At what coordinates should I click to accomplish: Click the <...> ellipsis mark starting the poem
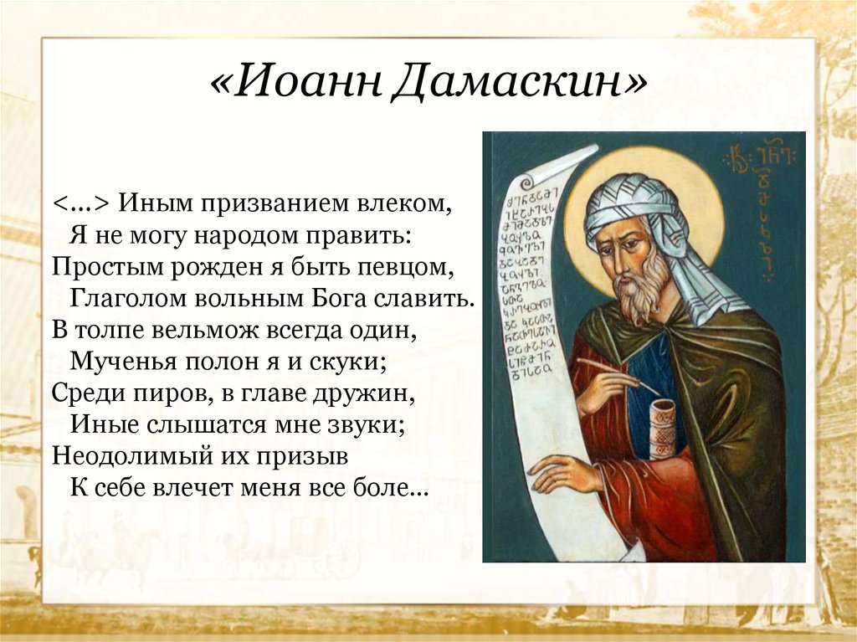[81, 204]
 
